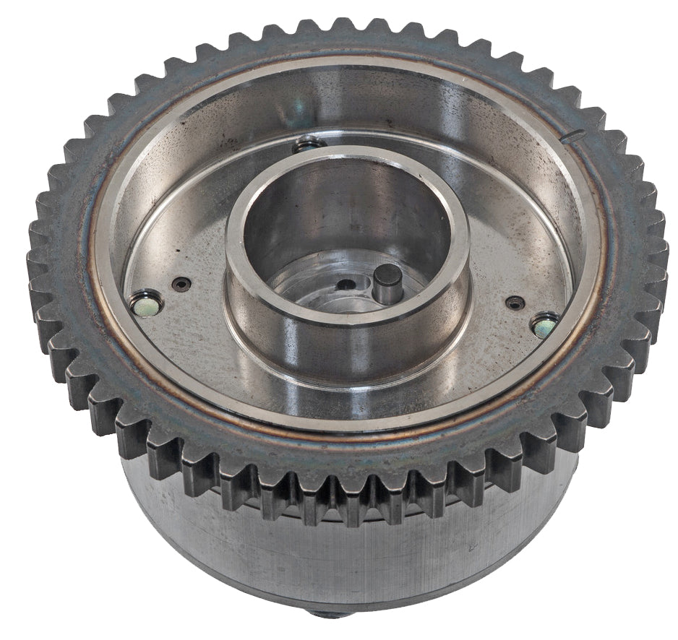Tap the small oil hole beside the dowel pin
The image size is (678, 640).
(348, 283)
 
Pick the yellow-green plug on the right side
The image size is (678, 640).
(544, 324)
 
